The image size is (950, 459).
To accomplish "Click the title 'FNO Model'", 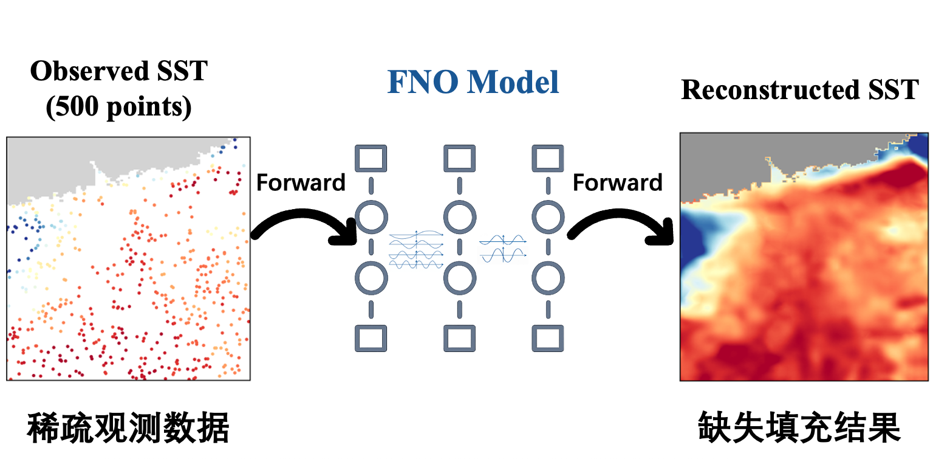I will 473,82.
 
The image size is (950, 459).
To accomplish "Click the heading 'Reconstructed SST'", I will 799,90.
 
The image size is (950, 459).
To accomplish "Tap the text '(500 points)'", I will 119,107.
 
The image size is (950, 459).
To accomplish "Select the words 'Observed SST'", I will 119,71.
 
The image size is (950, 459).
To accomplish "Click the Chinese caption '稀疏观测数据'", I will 128,429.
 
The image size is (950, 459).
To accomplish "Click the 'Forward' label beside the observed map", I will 301,182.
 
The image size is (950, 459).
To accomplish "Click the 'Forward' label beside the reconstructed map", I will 617,182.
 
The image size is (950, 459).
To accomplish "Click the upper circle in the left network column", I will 371,216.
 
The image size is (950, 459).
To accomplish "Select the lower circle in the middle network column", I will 459,278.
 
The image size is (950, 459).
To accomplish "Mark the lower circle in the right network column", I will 547,278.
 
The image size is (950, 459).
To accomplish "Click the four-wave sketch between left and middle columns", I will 416,249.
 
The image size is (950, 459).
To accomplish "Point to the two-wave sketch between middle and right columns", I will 502,248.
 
